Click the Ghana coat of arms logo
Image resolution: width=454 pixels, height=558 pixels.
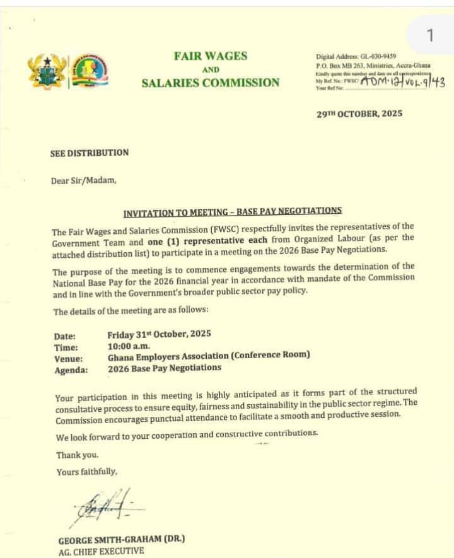coord(47,71)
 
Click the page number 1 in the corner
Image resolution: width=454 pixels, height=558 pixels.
coord(430,35)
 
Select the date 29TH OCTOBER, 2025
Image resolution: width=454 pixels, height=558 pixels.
coord(359,114)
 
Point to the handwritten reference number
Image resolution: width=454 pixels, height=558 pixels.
coord(403,81)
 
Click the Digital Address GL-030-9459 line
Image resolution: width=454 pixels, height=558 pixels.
coord(356,56)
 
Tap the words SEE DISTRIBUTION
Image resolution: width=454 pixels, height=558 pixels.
coord(90,153)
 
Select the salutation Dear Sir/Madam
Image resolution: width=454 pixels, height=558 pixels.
coord(84,180)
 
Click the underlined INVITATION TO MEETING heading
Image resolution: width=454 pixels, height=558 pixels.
coord(232,211)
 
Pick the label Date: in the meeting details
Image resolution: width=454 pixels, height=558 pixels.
coord(65,336)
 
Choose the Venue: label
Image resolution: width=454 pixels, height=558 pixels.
coord(69,358)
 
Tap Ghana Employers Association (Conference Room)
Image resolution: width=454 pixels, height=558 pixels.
coord(209,356)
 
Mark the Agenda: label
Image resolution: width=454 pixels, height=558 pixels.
coord(70,370)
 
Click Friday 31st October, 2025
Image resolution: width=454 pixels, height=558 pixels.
coord(159,334)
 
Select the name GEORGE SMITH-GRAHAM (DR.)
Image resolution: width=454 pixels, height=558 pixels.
coord(122,540)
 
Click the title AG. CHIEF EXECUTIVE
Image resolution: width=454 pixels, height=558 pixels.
coord(101,551)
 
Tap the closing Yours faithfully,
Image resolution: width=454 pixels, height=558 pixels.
coord(86,471)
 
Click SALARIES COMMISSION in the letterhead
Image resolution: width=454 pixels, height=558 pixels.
coord(210,83)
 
